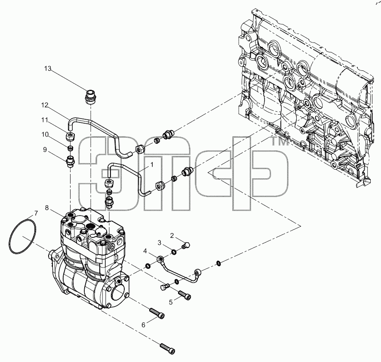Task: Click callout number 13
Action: point(48,69)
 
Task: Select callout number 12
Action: point(45,105)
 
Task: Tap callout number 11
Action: point(45,120)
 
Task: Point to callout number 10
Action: point(45,134)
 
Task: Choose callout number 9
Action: point(45,150)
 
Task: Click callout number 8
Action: point(46,208)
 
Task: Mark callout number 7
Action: point(36,213)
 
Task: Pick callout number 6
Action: point(143,325)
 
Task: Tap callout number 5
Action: point(171,302)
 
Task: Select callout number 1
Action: point(152,165)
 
